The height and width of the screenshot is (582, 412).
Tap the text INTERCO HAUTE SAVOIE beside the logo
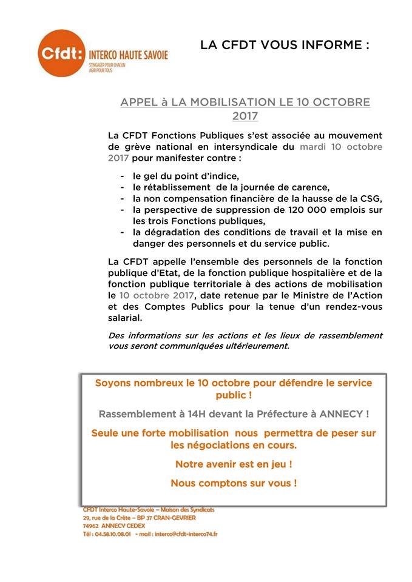click(x=128, y=55)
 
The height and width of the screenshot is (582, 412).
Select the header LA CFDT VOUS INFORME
click(x=285, y=45)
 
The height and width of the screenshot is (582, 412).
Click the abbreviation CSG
click(x=371, y=199)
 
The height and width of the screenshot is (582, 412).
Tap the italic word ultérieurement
click(x=257, y=347)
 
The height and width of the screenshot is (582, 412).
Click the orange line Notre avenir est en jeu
click(x=234, y=464)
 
